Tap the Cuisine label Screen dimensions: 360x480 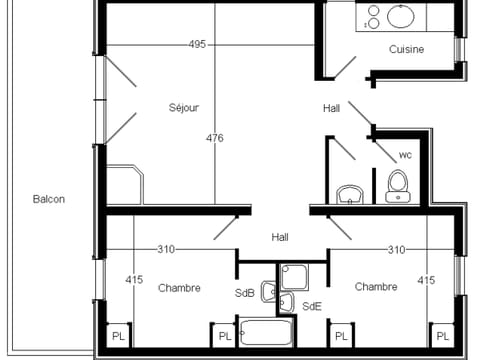click(407, 49)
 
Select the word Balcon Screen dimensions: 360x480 click(48, 199)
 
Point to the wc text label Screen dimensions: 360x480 click(405, 155)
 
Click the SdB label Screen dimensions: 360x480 click(245, 293)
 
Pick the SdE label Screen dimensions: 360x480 click(312, 306)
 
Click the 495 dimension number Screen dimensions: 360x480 click(197, 44)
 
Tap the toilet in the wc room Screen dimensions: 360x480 click(397, 186)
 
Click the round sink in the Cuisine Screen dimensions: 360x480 click(402, 16)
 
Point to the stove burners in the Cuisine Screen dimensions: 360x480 click(372, 16)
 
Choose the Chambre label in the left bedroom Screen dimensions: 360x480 click(179, 287)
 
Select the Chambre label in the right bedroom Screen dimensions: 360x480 click(375, 287)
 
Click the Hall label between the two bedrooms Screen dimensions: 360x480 click(280, 237)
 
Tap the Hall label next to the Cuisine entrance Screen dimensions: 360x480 click(332, 108)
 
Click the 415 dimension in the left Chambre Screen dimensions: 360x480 click(134, 281)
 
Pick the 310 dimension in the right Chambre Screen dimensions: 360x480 click(397, 249)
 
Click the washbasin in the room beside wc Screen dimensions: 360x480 click(349, 192)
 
